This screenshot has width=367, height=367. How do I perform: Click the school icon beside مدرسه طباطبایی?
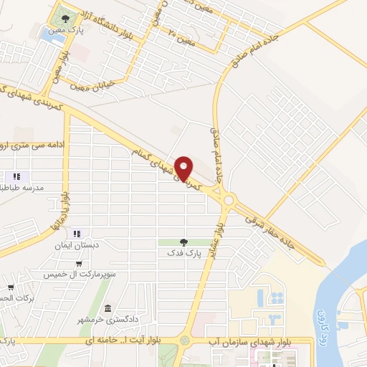click(16, 176)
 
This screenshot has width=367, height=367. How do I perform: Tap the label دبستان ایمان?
click(77, 244)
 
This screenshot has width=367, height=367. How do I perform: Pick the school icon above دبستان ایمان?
click(77, 233)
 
